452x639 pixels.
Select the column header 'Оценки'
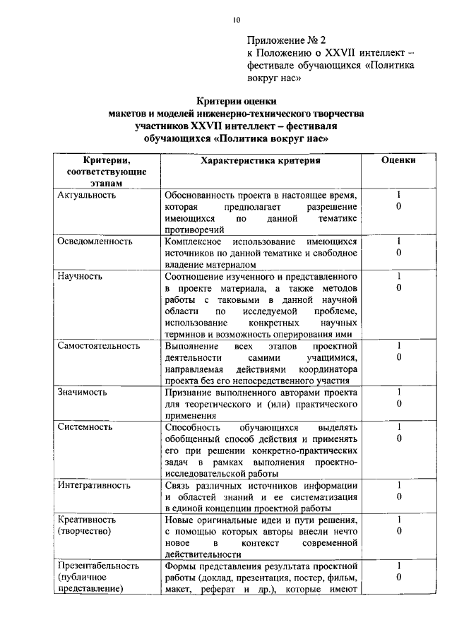(x=398, y=160)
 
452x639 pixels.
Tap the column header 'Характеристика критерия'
(x=261, y=160)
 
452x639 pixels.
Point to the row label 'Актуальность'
(x=86, y=194)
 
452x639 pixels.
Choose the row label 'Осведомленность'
(x=95, y=241)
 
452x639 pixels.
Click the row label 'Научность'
(x=80, y=275)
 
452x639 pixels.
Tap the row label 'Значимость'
(x=82, y=391)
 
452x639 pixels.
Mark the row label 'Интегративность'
(x=93, y=485)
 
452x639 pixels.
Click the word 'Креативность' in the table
(x=87, y=520)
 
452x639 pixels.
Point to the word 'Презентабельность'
(x=98, y=566)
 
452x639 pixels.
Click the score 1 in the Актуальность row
(x=399, y=194)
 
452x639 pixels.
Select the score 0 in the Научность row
(x=399, y=287)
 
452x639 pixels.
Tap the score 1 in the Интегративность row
(x=399, y=485)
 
